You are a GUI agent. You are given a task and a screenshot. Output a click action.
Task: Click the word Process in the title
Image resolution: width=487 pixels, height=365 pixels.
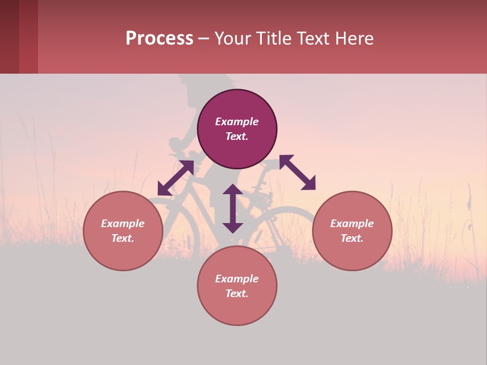(159, 38)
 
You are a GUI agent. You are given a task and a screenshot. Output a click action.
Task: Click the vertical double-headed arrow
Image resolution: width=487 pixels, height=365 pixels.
(233, 208)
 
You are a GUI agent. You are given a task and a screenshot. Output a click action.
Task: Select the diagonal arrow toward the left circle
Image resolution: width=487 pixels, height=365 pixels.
(176, 178)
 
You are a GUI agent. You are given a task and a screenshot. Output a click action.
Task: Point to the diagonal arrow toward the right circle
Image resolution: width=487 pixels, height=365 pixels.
(298, 172)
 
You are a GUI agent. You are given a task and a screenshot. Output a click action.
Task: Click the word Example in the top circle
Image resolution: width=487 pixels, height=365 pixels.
(237, 122)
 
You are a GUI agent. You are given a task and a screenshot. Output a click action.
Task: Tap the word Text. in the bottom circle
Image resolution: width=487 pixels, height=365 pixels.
(237, 294)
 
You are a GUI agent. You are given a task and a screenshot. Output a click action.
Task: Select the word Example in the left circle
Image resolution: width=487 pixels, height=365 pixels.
(123, 224)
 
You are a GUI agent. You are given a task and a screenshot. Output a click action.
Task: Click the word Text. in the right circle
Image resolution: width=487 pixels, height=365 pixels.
(352, 238)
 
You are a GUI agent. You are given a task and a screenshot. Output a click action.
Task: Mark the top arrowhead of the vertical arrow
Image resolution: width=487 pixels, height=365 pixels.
(233, 190)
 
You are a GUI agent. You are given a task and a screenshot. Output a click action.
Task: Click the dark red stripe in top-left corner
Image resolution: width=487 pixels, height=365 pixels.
(10, 36)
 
